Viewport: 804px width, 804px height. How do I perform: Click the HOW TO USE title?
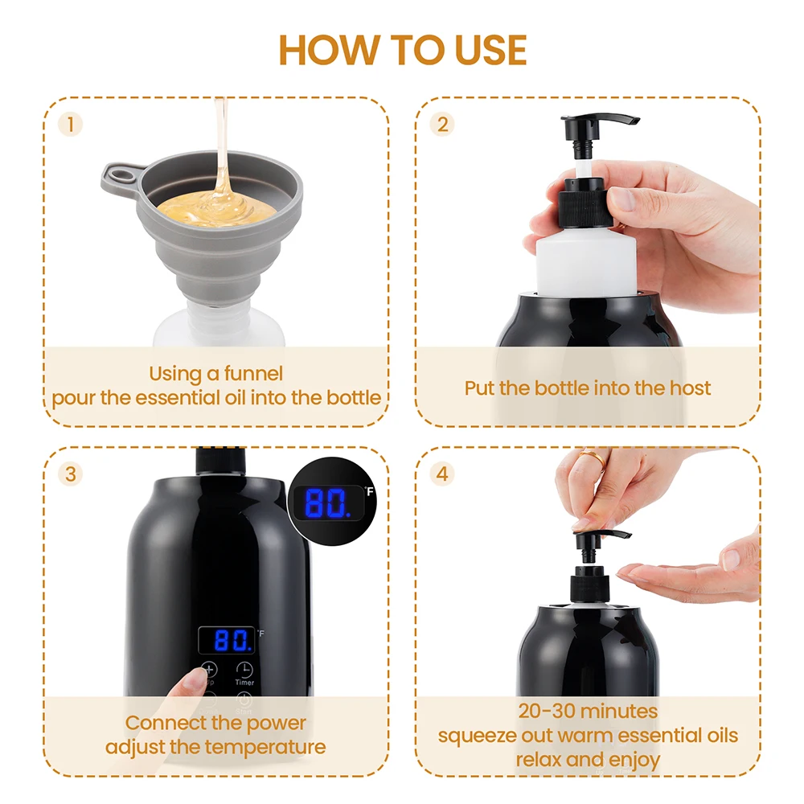(402, 49)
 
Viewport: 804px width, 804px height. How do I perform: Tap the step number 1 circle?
(72, 124)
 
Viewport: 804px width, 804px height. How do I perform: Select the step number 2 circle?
(442, 124)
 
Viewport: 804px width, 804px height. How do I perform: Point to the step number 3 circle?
(72, 474)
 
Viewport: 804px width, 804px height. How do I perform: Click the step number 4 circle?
(442, 474)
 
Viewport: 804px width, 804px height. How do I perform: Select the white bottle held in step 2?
(587, 257)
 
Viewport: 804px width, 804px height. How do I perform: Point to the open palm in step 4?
(691, 572)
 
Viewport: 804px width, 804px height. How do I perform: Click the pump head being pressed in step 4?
(599, 536)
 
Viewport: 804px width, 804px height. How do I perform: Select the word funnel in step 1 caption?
(253, 373)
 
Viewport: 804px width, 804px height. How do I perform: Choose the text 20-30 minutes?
(588, 711)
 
